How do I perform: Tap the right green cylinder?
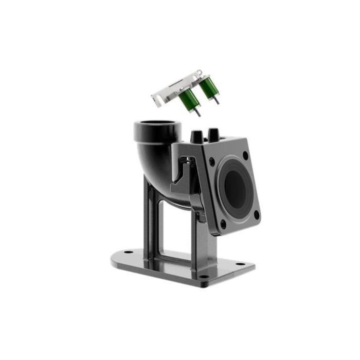(208, 87)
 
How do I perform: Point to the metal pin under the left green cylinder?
(197, 112)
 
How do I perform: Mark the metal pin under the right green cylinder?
(217, 99)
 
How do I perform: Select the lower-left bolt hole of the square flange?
(222, 224)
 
